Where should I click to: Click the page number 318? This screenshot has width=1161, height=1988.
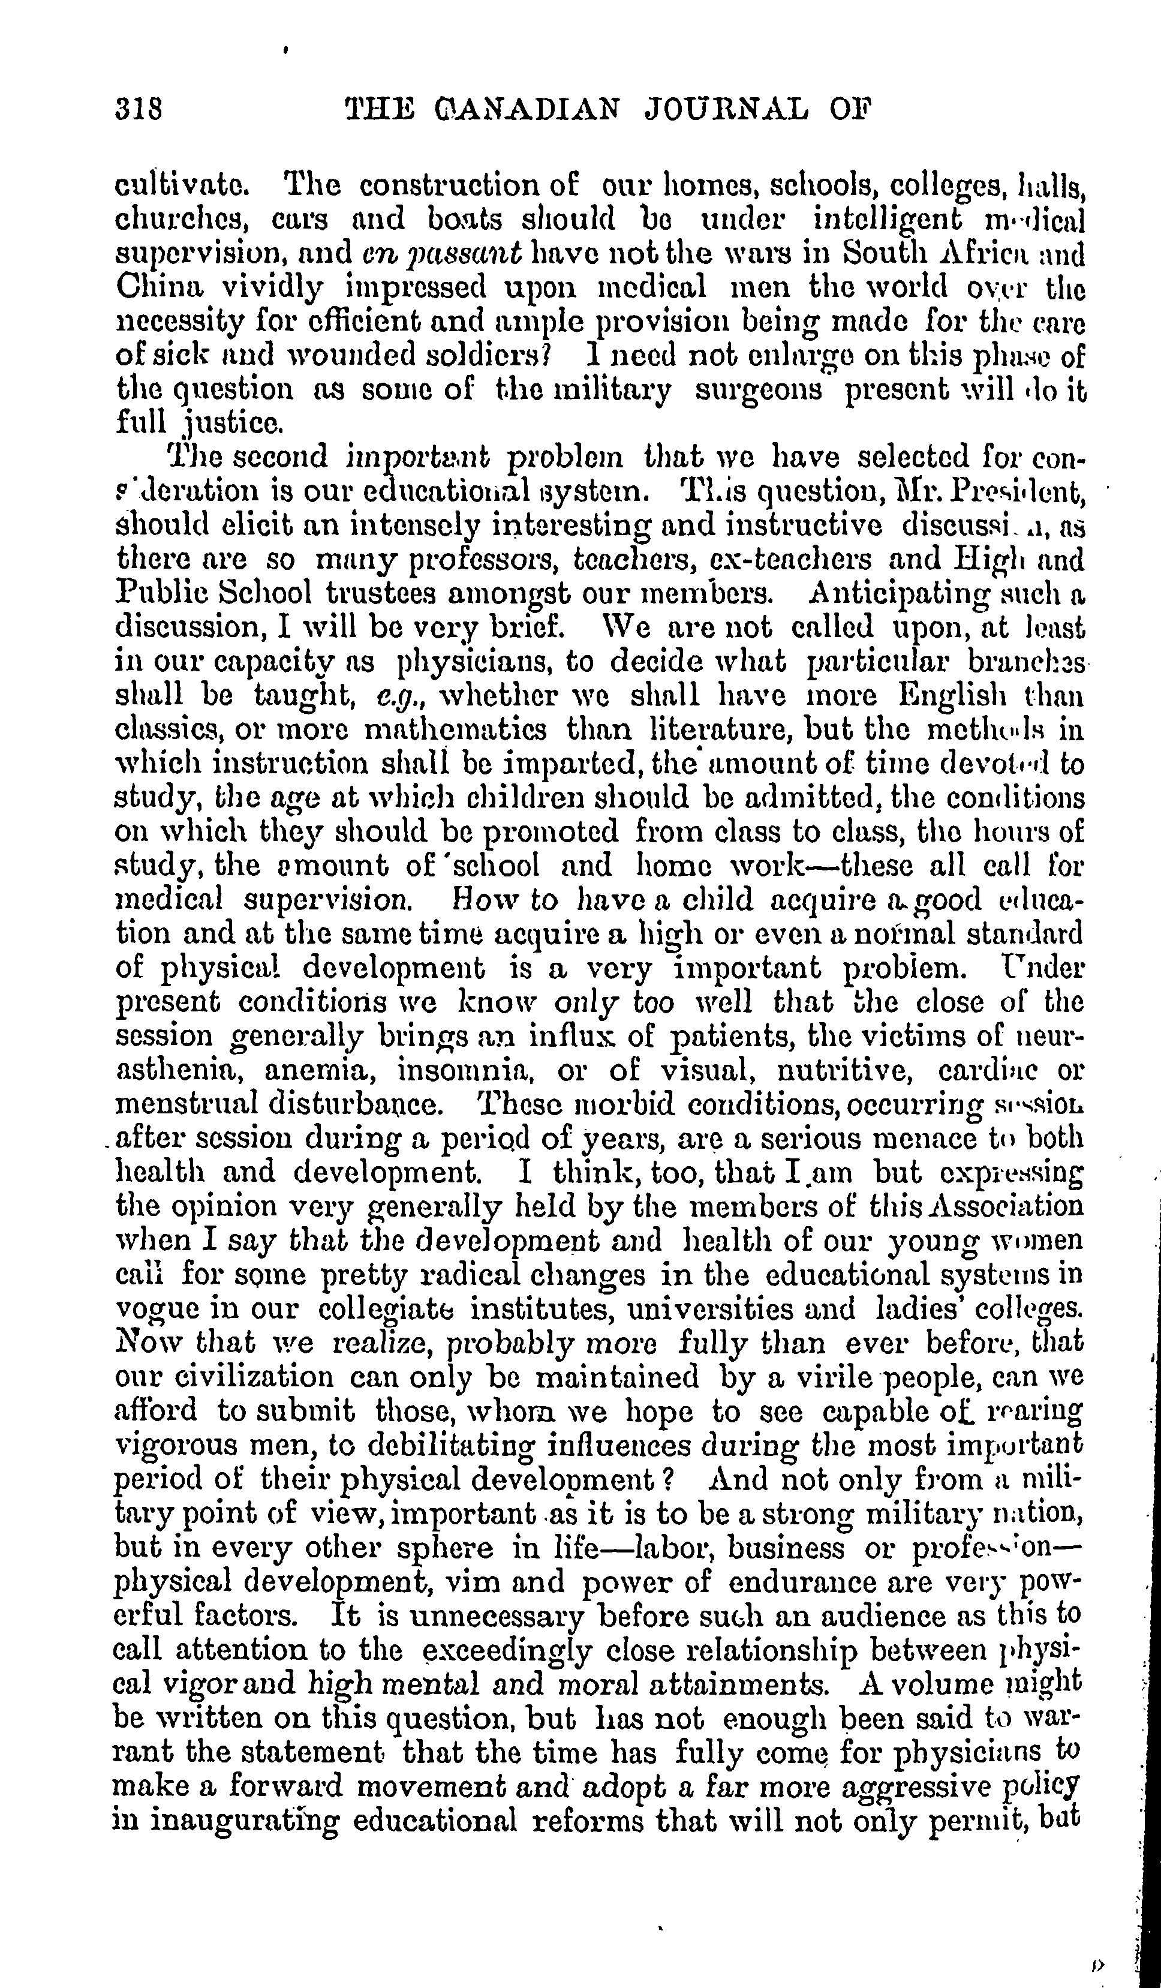[139, 107]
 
